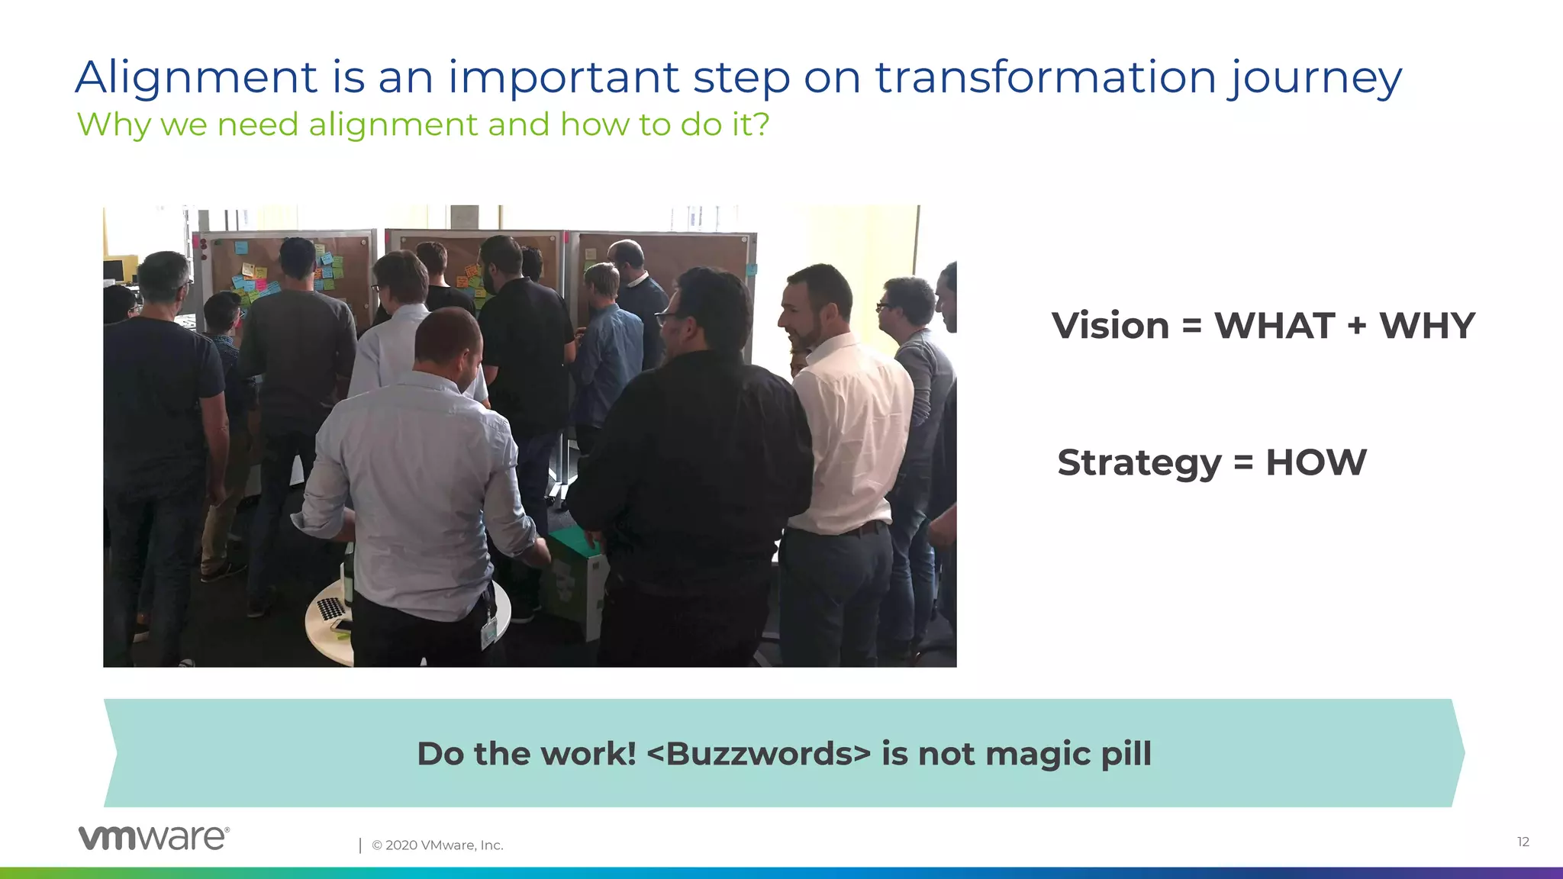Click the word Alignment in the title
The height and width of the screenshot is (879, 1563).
click(x=196, y=78)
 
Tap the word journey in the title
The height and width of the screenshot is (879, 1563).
click(x=1315, y=78)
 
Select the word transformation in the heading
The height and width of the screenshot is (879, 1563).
click(x=1045, y=78)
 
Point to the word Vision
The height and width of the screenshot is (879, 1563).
click(x=1110, y=326)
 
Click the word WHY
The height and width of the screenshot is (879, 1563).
click(x=1426, y=326)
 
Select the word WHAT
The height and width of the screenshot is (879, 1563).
click(x=1275, y=326)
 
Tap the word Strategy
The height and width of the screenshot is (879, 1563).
click(x=1139, y=462)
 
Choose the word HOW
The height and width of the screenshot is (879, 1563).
click(x=1316, y=462)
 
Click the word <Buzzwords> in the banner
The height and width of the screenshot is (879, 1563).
click(x=759, y=754)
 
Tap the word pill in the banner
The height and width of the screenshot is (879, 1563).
click(x=1126, y=754)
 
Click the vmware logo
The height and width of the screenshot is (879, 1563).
click(x=153, y=838)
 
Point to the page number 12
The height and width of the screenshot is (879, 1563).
click(x=1523, y=842)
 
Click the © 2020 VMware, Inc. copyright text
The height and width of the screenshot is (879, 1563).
click(x=437, y=845)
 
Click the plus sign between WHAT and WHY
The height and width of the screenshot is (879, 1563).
click(x=1356, y=326)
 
